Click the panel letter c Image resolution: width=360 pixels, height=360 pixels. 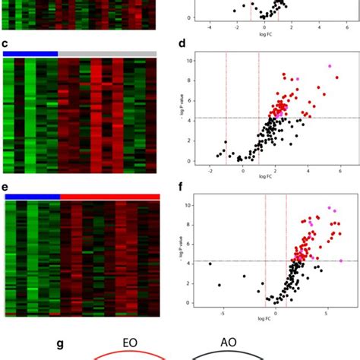point(6,45)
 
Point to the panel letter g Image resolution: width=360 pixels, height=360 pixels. point(61,343)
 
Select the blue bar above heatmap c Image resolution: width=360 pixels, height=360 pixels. point(30,53)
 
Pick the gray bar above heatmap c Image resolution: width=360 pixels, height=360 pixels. point(107,53)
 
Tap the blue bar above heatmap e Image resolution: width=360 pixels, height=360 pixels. point(32,196)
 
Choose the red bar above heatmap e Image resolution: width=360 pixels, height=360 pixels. point(110,196)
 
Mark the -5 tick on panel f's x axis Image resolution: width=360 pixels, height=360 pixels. point(222,311)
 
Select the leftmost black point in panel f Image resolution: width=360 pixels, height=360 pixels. point(210,264)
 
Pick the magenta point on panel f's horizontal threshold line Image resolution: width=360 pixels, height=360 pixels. point(341,261)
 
